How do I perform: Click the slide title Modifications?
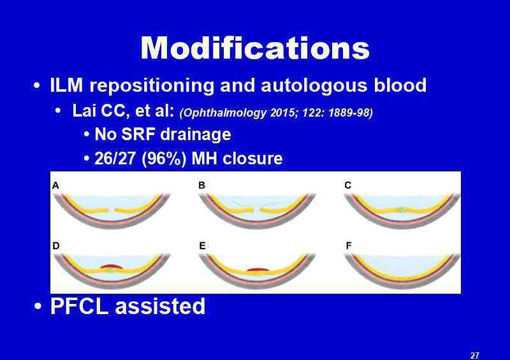click(x=255, y=48)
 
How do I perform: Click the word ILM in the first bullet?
click(x=66, y=85)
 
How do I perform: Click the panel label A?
click(x=55, y=185)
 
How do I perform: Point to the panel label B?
click(x=201, y=185)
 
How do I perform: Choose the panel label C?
click(x=347, y=185)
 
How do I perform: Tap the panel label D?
click(x=56, y=245)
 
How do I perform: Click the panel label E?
click(x=202, y=246)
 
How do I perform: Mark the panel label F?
click(x=348, y=245)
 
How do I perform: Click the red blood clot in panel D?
click(x=111, y=266)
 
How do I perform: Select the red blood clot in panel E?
click(x=258, y=270)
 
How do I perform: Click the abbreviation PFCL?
click(x=79, y=306)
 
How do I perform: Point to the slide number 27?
click(x=474, y=355)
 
